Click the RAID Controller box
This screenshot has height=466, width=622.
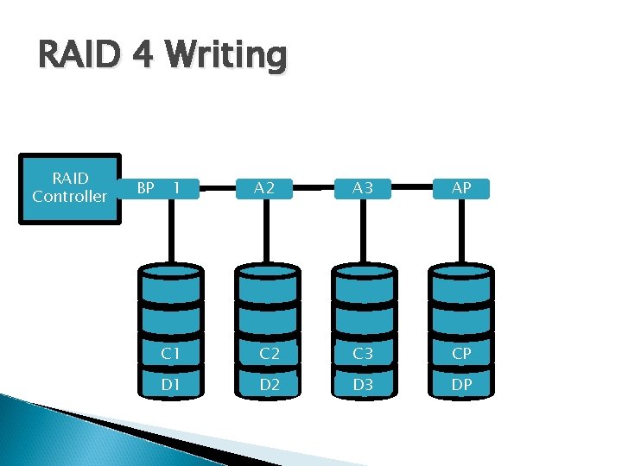coord(69,188)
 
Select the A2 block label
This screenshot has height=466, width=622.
coord(267,188)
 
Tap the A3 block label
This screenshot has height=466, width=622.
coord(364,188)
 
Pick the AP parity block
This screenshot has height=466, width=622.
coord(461,188)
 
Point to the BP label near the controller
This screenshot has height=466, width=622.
coord(146,187)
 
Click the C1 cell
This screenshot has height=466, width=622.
coord(170,354)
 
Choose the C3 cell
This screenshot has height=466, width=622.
coord(364,354)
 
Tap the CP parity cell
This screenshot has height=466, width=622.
coord(461,354)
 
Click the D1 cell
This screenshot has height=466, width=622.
coord(170,384)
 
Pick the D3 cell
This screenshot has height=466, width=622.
coord(364,384)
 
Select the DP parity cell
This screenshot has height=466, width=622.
coord(461,384)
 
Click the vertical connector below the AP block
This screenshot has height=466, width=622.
coord(461,231)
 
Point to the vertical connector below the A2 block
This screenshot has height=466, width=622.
coord(267,231)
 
